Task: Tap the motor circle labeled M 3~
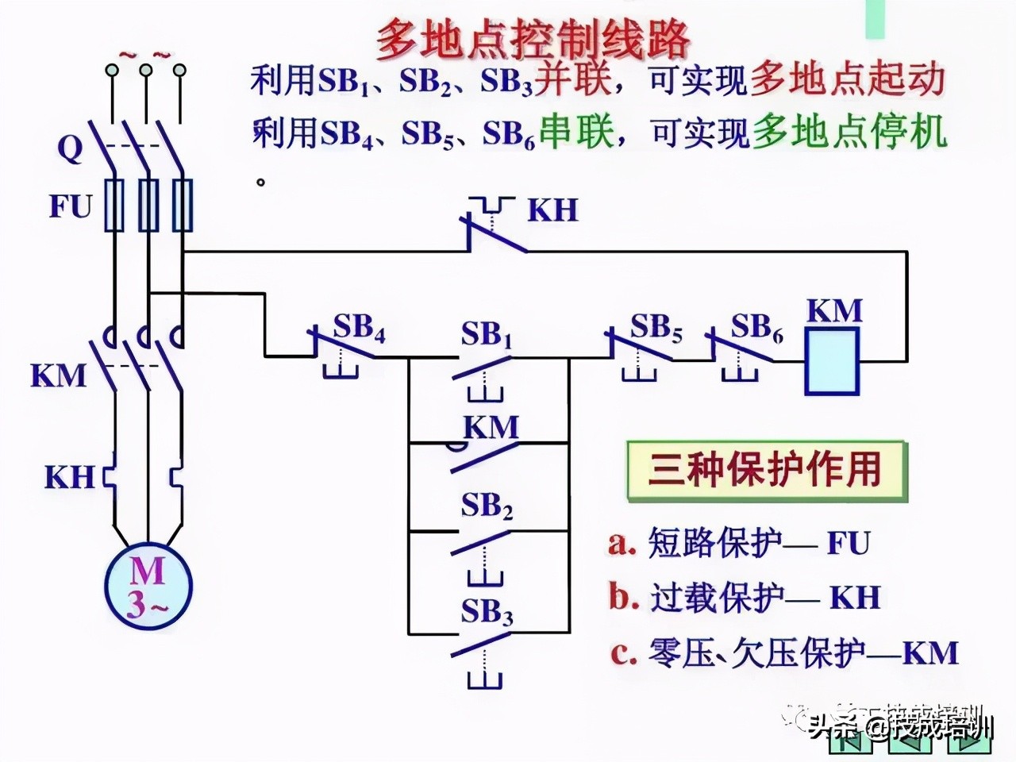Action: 148,586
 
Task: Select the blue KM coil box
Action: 832,361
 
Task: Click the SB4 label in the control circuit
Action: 359,327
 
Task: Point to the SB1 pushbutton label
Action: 487,335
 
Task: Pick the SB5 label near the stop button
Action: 656,327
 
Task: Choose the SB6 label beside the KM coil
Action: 756,327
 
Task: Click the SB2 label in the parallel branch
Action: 487,506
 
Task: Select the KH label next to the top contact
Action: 552,210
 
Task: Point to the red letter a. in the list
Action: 622,544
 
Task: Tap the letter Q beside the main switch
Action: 69,148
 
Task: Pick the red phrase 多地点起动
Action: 847,80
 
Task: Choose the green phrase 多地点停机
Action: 849,133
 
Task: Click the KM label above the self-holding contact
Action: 491,428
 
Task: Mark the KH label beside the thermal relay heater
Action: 69,478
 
